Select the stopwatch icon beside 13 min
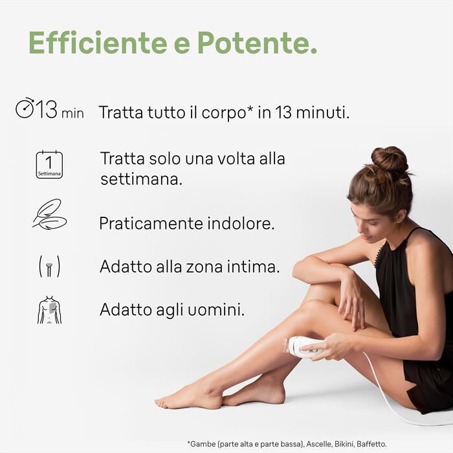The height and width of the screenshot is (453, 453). coord(25,108)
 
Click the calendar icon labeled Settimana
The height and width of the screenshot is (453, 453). coord(49,164)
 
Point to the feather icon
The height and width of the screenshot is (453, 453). coord(49,214)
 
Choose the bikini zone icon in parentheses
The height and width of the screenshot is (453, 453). coord(49,266)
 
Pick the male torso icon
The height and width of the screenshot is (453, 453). coord(49,310)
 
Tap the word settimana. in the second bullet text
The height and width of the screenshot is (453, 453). coord(141,179)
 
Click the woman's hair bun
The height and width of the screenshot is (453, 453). coord(389,159)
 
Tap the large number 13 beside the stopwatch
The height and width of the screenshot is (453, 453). coord(47,109)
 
